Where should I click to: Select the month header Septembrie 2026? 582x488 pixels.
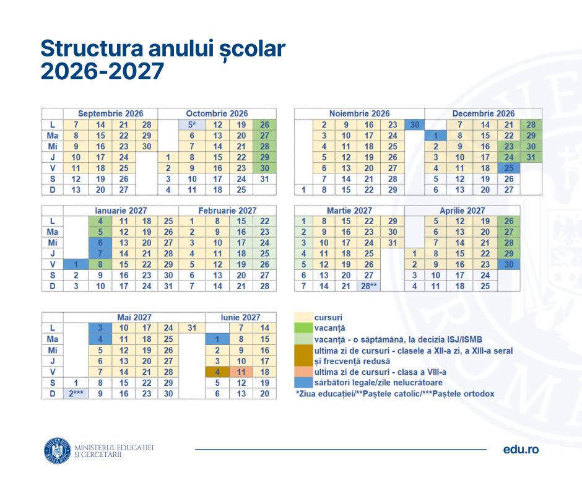pyautogui.click(x=110, y=113)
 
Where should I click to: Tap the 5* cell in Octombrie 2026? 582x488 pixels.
pyautogui.click(x=192, y=124)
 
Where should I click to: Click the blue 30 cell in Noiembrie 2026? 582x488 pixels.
pyautogui.click(x=413, y=124)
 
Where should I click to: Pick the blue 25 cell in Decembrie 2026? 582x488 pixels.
pyautogui.click(x=508, y=168)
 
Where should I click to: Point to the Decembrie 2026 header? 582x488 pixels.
pyautogui.click(x=483, y=113)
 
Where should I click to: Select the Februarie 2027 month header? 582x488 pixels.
pyautogui.click(x=227, y=211)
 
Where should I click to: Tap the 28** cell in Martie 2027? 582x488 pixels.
pyautogui.click(x=369, y=286)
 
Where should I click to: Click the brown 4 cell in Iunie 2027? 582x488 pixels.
pyautogui.click(x=217, y=372)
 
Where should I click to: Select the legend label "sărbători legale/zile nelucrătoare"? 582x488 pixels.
pyautogui.click(x=377, y=383)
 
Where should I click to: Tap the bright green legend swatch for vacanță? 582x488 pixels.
pyautogui.click(x=302, y=328)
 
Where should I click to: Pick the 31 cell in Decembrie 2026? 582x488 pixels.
pyautogui.click(x=531, y=157)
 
